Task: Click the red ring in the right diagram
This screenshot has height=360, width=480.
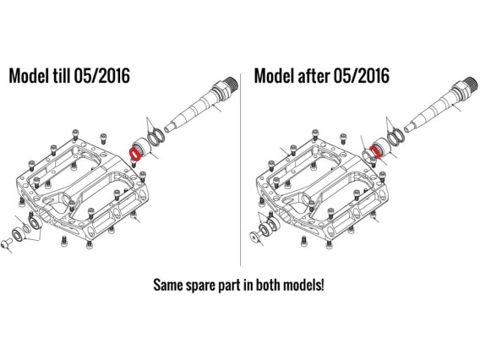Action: point(374,152)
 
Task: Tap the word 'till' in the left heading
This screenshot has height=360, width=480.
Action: point(60,75)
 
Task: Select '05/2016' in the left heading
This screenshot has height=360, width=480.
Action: point(102,75)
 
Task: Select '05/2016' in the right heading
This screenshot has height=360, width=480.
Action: point(362,75)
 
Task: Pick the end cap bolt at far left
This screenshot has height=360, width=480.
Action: point(6,243)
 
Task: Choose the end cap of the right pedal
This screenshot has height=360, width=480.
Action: point(255,237)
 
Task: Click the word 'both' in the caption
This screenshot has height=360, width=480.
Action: point(268,285)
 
